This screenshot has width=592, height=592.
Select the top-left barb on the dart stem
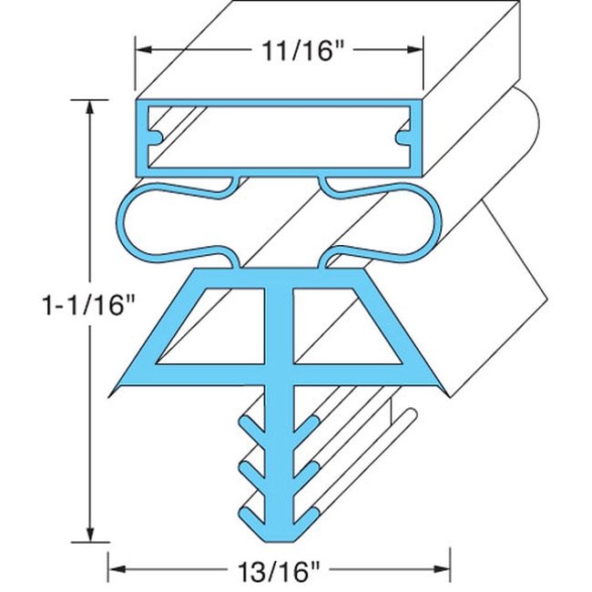coord(243,421)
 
